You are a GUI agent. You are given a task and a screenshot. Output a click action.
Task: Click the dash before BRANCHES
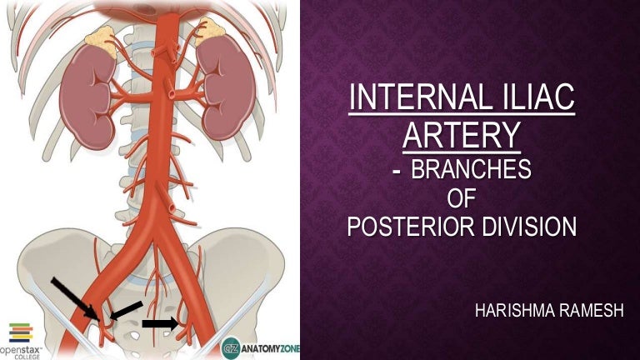[x=395, y=172]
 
